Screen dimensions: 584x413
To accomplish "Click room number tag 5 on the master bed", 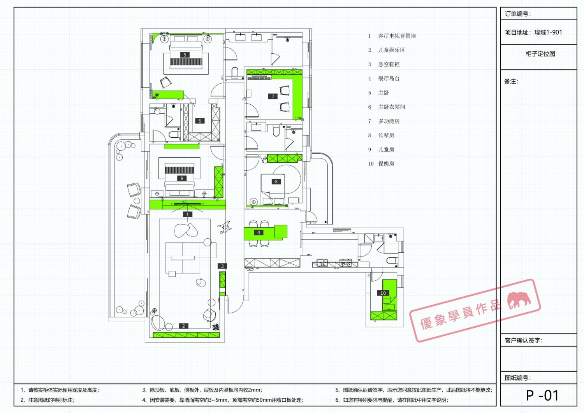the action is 185,55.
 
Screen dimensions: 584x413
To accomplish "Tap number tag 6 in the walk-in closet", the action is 200,121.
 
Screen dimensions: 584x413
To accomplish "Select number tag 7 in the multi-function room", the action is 273,96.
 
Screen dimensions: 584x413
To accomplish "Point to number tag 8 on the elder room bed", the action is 276,181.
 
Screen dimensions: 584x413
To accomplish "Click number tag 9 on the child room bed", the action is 182,178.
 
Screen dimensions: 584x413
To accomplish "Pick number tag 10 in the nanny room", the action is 383,293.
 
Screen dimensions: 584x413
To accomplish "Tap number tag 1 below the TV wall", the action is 187,214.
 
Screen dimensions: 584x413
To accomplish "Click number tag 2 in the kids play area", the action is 183,326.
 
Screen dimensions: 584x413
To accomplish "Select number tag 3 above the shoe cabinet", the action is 222,266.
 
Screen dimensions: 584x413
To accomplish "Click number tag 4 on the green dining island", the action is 259,232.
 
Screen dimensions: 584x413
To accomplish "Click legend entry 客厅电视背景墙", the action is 397,36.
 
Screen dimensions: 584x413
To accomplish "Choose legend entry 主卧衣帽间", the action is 392,107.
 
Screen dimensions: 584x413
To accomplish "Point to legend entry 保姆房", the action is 386,164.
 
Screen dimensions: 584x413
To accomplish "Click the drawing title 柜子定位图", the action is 540,54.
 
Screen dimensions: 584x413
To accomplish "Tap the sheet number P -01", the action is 542,395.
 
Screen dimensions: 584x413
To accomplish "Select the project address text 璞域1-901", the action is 548,32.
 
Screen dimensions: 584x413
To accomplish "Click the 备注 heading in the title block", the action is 511,81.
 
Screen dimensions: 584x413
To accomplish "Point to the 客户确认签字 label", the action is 524,340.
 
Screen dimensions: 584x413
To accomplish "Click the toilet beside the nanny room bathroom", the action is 392,260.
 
